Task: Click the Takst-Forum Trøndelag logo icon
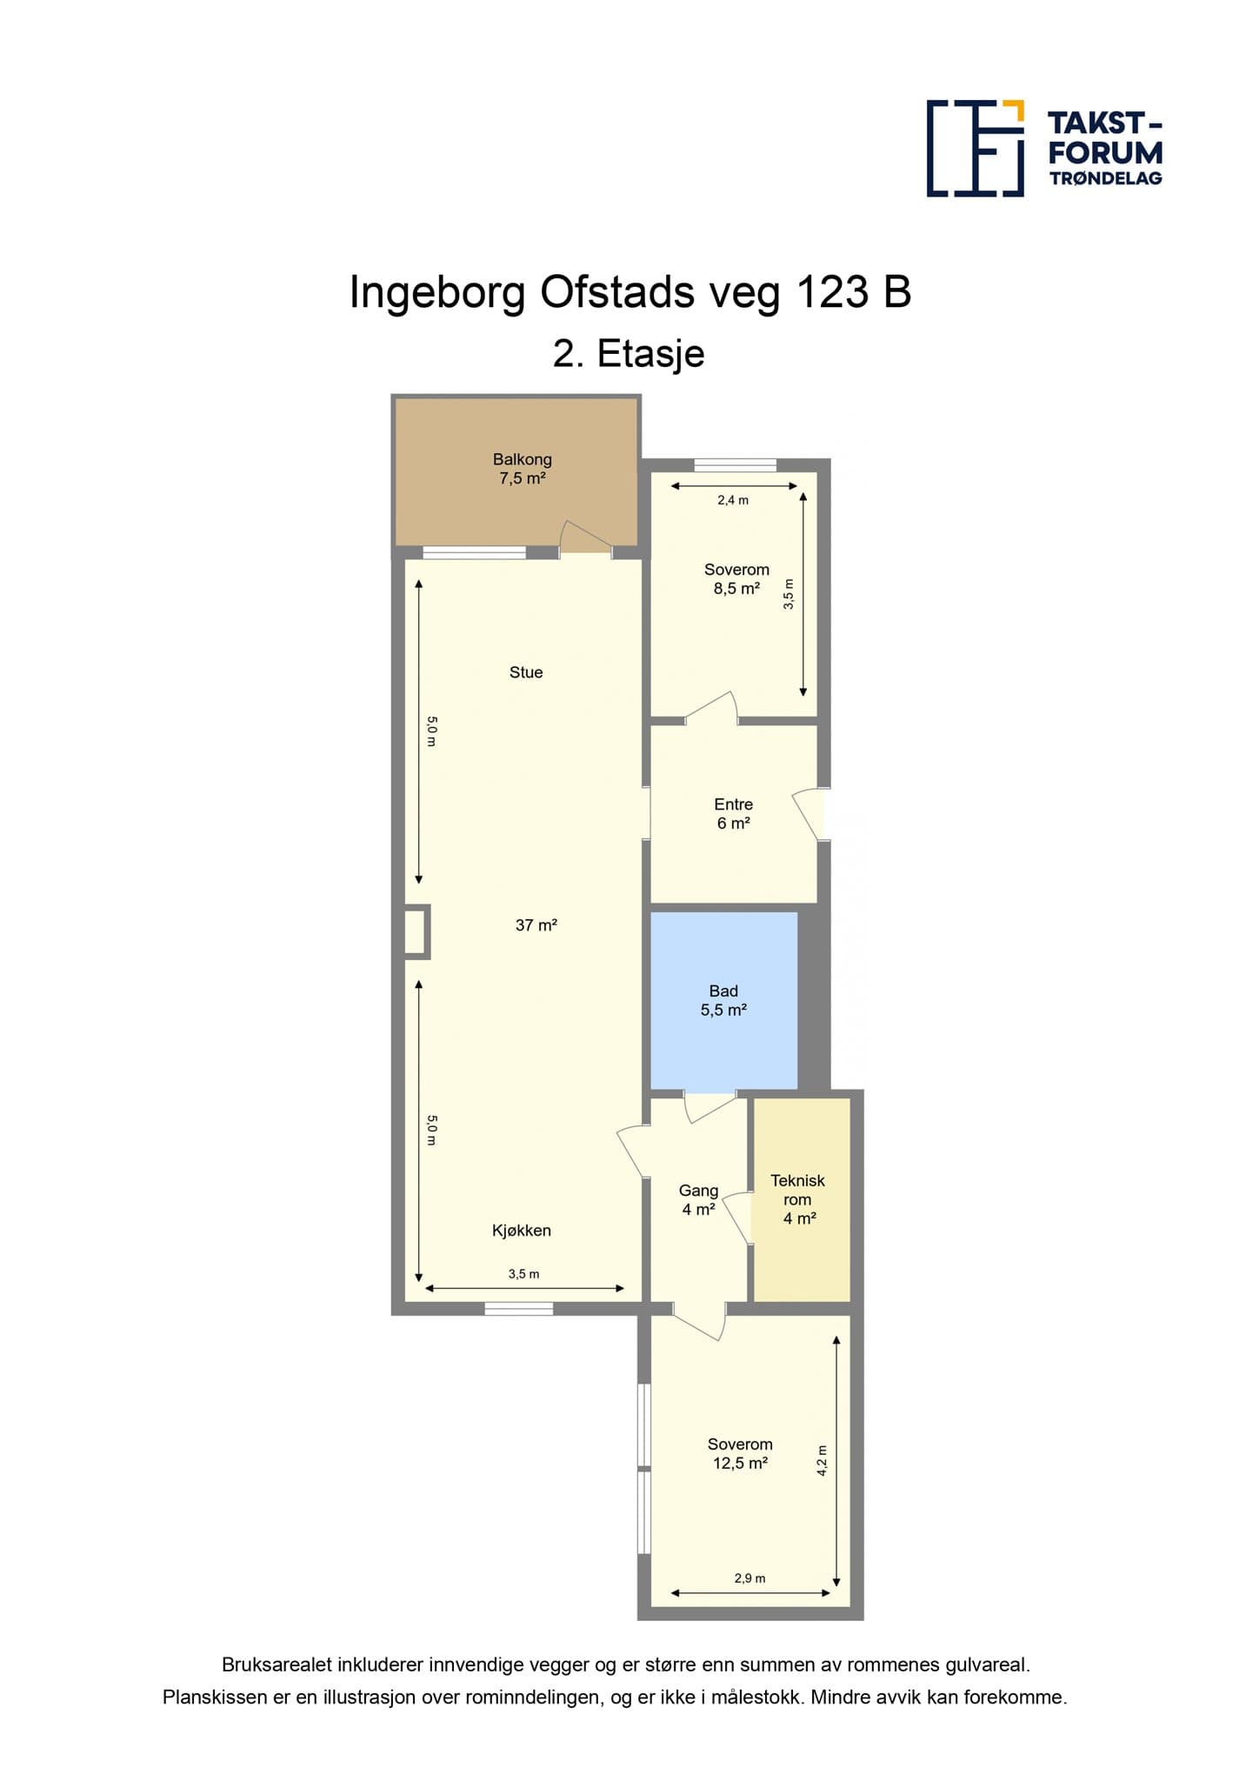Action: pos(976,148)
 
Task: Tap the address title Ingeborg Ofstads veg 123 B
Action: pos(630,292)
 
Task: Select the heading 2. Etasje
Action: pos(629,354)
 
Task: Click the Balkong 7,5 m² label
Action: pos(523,468)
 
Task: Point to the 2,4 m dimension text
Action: pos(733,500)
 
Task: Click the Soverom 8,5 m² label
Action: pos(736,578)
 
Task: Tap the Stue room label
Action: pos(526,672)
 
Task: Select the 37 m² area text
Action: pos(536,925)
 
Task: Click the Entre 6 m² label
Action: pos(734,813)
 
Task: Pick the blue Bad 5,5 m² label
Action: pos(723,1000)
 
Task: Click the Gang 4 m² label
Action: pos(699,1199)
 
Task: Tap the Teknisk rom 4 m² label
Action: pos(798,1199)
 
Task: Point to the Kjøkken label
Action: pos(522,1231)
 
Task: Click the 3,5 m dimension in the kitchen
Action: pos(524,1274)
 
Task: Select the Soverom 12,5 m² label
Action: pos(740,1453)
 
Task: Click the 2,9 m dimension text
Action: pos(749,1578)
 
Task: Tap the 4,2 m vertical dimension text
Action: pos(823,1460)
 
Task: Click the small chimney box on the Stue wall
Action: pos(417,931)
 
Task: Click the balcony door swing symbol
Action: pos(584,537)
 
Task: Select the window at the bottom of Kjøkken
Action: pos(519,1308)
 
